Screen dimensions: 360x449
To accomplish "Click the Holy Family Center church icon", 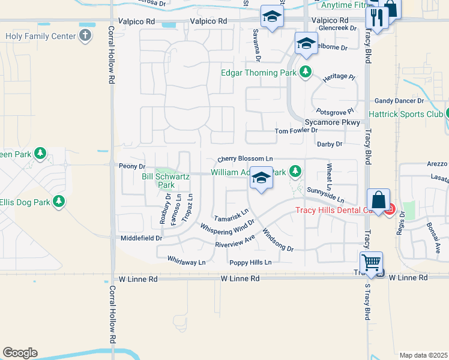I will [86, 35].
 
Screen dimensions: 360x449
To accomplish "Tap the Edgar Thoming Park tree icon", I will [306, 73].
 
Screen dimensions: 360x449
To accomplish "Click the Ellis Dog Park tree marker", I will [59, 202].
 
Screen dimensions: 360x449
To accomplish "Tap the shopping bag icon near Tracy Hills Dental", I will [379, 200].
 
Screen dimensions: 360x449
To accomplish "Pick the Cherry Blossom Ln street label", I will [245, 159].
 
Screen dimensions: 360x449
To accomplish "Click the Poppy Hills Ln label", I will [250, 263].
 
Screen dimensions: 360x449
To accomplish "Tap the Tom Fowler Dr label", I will [296, 130].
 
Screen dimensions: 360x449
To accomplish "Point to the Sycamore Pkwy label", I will [333, 122].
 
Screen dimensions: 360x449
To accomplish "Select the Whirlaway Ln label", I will [186, 262].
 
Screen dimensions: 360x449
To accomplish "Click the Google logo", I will [20, 353].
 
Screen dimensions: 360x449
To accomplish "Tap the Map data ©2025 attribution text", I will [423, 355].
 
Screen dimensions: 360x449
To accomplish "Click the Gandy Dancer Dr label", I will [399, 101].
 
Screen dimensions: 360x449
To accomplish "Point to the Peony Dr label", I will [132, 166].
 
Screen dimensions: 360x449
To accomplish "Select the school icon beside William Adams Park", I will [261, 178].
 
